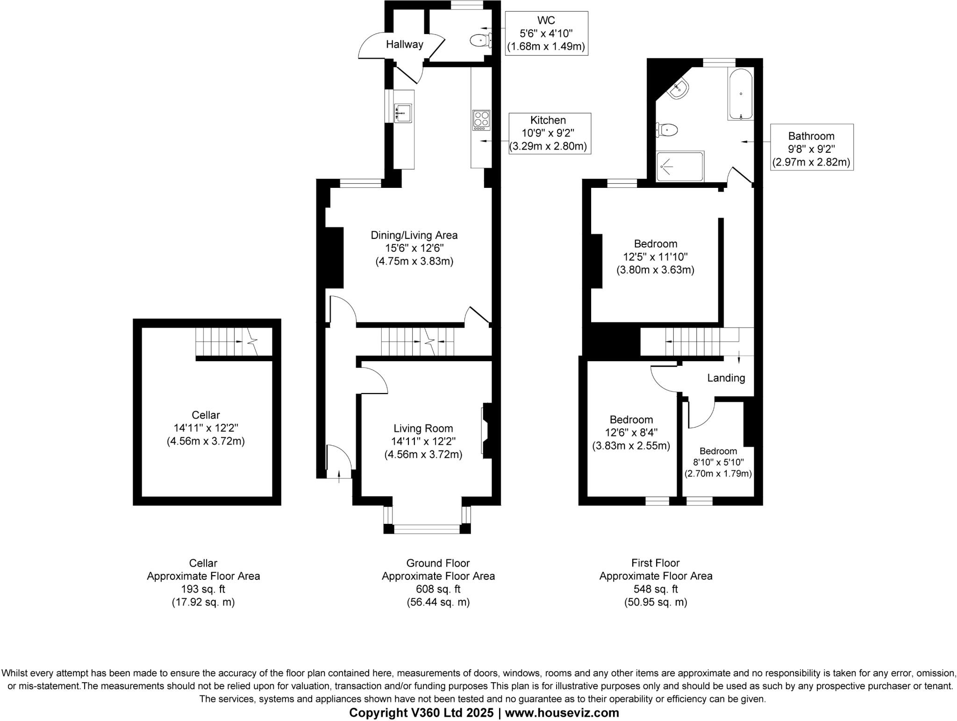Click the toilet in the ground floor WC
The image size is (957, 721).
(480, 41)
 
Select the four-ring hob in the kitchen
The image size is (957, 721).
(481, 120)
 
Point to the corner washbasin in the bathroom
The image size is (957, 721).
(678, 89)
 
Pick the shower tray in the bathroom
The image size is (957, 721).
(680, 166)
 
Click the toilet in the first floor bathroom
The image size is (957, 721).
(667, 129)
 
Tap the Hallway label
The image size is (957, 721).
(405, 44)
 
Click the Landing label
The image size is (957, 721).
(726, 378)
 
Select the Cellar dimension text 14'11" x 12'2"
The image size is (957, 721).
(206, 428)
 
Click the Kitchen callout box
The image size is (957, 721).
(550, 133)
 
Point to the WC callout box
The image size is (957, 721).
(546, 33)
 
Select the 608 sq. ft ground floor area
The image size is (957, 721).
(438, 589)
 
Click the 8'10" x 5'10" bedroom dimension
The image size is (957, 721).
(718, 462)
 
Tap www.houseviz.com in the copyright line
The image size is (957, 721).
(562, 713)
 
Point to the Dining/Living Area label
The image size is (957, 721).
(414, 235)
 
